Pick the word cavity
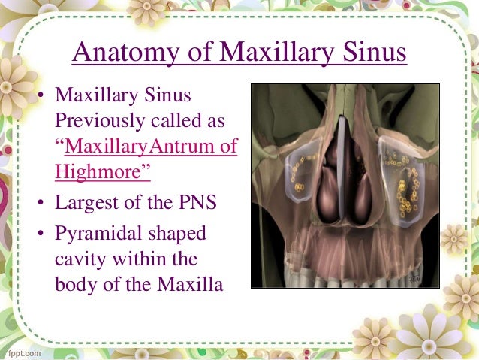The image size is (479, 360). pos(79,259)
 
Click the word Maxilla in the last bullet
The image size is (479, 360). pos(192,285)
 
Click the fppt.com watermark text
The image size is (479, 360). pos(23,351)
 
